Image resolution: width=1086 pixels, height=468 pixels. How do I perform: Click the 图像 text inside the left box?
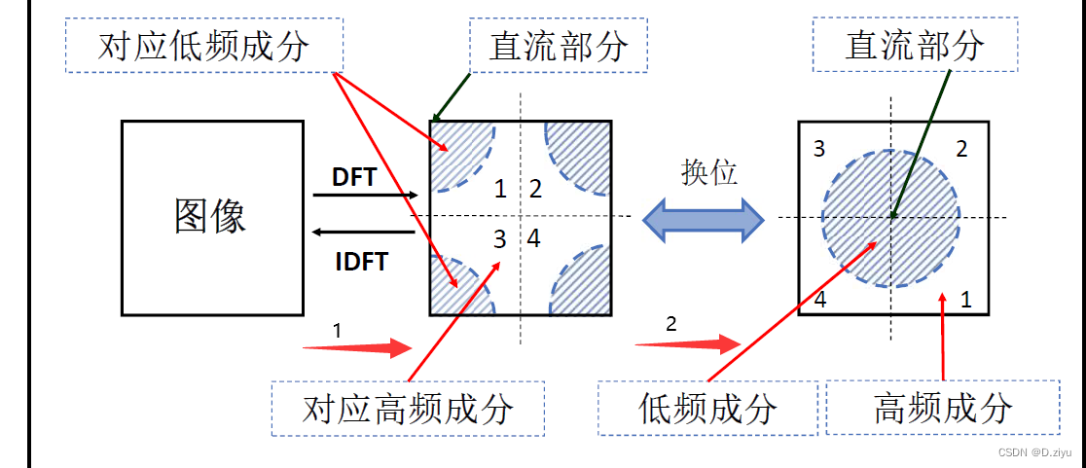tap(210, 216)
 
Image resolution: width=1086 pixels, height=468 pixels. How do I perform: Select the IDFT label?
tap(359, 262)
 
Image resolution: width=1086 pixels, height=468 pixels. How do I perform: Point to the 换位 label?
tap(709, 172)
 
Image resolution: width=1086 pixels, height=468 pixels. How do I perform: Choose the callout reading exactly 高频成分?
tap(942, 407)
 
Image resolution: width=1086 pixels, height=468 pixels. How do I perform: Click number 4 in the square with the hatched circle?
tap(820, 300)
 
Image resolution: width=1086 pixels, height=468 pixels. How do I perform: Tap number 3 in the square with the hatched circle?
tap(819, 149)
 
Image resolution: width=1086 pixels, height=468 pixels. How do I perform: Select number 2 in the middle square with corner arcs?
tap(535, 189)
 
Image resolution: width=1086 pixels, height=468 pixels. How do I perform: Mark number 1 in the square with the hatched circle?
tap(966, 300)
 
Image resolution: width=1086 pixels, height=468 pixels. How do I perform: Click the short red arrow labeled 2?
tap(688, 342)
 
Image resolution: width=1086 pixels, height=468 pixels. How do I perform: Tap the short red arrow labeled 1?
tap(357, 347)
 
